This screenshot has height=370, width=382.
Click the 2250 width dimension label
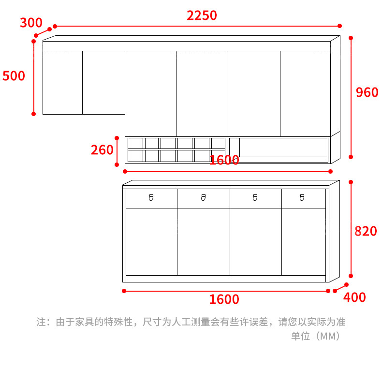[x=202, y=15]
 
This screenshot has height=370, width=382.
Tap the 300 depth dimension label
[x=31, y=23]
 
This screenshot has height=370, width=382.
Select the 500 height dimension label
[x=14, y=76]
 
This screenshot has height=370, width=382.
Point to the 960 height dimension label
[x=367, y=92]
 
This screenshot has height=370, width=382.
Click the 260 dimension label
[x=102, y=150]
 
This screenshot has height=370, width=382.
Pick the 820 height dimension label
[x=366, y=231]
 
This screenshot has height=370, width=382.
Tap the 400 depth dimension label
[x=354, y=297]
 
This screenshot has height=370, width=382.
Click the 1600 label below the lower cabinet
[x=224, y=299]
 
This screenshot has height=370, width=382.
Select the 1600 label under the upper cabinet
[x=224, y=160]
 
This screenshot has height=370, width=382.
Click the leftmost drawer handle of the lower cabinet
[x=151, y=197]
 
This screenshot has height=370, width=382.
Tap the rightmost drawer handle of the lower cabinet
[x=302, y=197]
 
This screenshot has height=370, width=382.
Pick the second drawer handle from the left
[x=203, y=197]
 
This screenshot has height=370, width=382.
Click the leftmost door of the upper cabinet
[x=62, y=82]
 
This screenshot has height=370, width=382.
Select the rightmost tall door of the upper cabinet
[x=305, y=93]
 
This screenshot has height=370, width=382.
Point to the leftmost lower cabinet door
[x=151, y=241]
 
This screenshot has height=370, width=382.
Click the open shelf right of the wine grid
[x=284, y=147]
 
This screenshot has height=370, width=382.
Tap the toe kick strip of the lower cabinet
[x=225, y=279]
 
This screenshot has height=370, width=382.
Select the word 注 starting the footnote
[x=41, y=322]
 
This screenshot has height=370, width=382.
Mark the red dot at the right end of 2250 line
[x=340, y=26]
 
